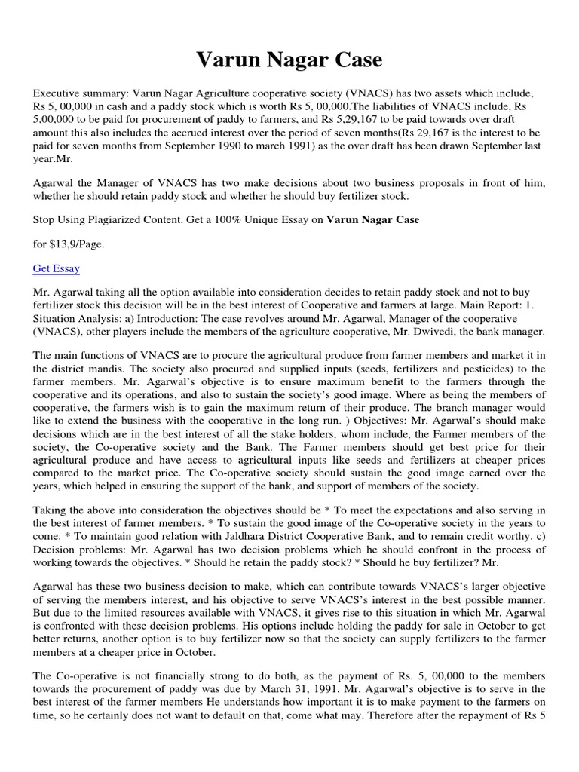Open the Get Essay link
[57, 268]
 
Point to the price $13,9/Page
[68, 244]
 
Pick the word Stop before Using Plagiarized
[44, 219]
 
